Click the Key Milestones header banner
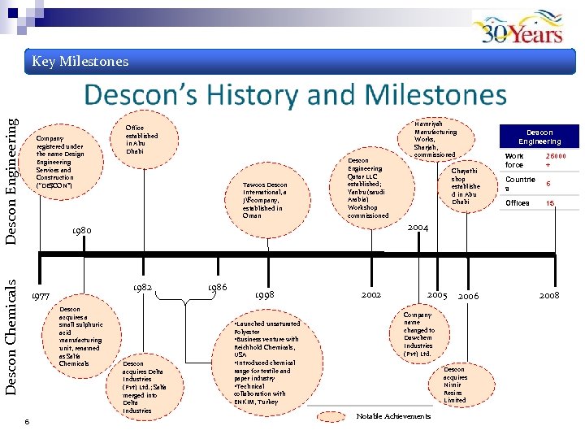coord(80,62)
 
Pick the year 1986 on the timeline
coord(217,288)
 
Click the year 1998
coord(265,294)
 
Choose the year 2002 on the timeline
coord(371,292)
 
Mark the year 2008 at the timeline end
coord(549,295)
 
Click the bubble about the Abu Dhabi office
coord(142,138)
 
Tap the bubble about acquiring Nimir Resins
coord(455,385)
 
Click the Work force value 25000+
coord(557,160)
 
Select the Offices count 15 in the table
coord(549,203)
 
